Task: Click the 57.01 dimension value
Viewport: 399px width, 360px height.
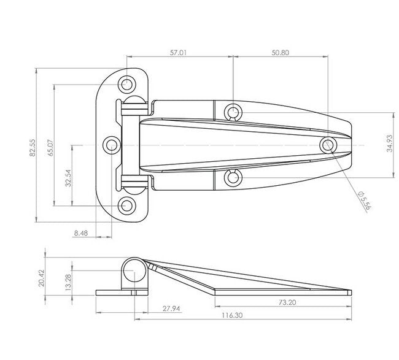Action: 178,53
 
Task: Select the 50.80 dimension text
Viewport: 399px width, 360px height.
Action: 280,53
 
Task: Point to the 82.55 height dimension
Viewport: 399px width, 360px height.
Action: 33,147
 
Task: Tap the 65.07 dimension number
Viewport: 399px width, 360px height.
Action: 50,147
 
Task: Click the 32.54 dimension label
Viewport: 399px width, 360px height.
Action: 68,178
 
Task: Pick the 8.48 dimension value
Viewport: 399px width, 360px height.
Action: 81,233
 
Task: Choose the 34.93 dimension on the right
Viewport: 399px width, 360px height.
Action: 390,144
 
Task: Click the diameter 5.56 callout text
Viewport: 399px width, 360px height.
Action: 365,200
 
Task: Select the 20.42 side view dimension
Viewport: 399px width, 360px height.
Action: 42,278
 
